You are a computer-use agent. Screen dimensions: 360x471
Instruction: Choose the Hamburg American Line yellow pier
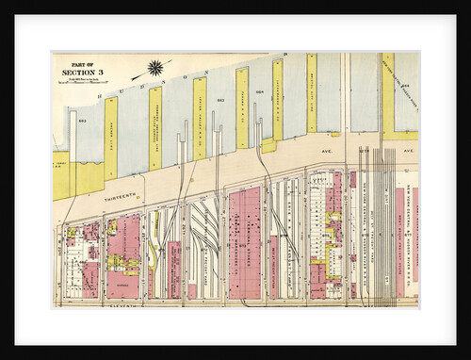click(x=154, y=127)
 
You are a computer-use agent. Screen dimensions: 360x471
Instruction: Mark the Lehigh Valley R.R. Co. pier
click(x=199, y=118)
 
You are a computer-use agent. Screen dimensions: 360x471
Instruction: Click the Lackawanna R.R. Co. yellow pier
click(x=278, y=100)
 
